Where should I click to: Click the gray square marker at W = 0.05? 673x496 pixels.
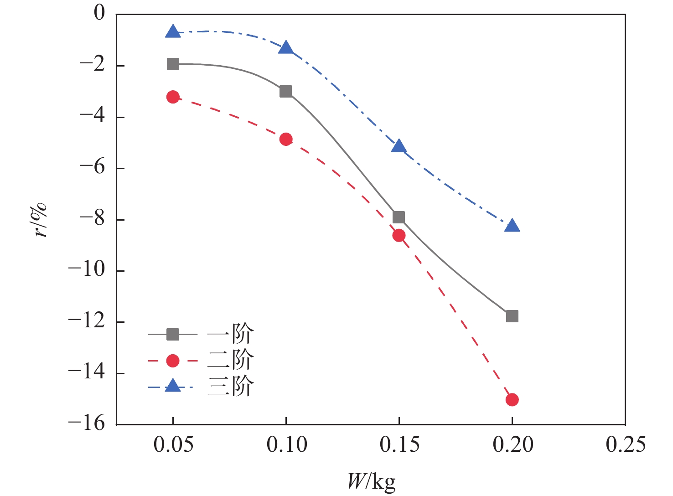[x=173, y=64]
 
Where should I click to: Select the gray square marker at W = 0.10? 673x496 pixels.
[x=286, y=91]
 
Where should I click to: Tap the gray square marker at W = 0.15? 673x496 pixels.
[x=399, y=217]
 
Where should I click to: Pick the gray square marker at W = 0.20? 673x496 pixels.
[x=512, y=316]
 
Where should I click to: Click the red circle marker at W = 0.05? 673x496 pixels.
[x=173, y=97]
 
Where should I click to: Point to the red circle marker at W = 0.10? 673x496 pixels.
[x=286, y=139]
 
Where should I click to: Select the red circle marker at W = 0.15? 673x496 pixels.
[x=399, y=235]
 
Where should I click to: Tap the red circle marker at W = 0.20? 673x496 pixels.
[x=512, y=399]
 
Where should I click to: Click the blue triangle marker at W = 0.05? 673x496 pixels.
[x=173, y=32]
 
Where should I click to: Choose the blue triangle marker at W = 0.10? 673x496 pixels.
[x=286, y=48]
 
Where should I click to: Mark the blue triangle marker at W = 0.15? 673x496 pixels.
[x=399, y=146]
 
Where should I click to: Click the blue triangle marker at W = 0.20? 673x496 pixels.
[x=512, y=226]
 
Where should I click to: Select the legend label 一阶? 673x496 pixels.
[x=230, y=334]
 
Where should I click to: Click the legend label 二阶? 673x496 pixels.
[x=230, y=360]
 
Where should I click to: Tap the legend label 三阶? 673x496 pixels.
[x=230, y=387]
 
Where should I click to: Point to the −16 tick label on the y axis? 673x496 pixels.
[x=86, y=424]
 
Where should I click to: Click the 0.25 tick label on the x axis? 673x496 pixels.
[x=626, y=444]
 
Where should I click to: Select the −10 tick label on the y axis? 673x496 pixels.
[x=86, y=270]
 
